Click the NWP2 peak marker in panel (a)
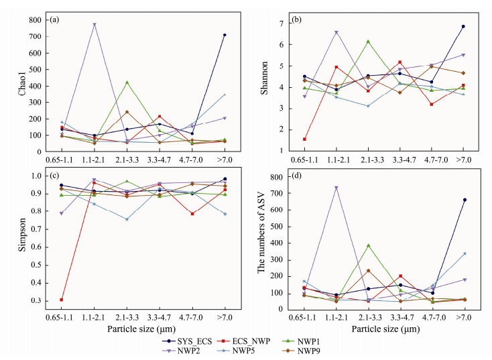95,24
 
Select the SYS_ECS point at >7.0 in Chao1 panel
225,35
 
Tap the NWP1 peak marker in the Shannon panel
368,42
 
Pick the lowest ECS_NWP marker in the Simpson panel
62,299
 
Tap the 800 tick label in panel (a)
34,20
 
